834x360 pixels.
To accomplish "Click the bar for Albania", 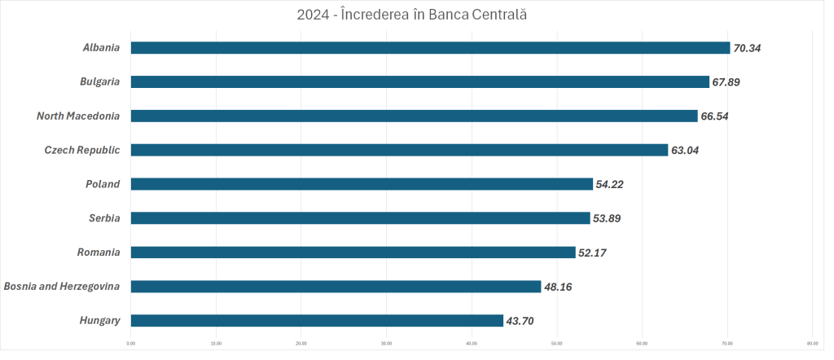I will pyautogui.click(x=430, y=48).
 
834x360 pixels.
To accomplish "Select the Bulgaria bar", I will pyautogui.click(x=419, y=82).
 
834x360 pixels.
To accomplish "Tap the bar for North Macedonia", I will pyautogui.click(x=414, y=116).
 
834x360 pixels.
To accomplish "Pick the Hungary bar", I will pyautogui.click(x=317, y=321).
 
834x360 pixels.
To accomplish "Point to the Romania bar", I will pyautogui.click(x=353, y=252).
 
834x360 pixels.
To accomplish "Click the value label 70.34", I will pyautogui.click(x=747, y=48).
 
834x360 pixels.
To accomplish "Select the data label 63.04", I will pyautogui.click(x=685, y=151).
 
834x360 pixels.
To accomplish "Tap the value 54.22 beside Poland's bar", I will pyautogui.click(x=610, y=185).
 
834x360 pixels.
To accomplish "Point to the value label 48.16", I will pyautogui.click(x=559, y=287).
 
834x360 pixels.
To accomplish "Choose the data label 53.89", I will pyautogui.click(x=608, y=218).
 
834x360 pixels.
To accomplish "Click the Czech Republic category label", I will pyautogui.click(x=82, y=151).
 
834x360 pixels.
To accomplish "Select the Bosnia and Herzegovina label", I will pyautogui.click(x=62, y=287).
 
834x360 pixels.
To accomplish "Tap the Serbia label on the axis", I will pyautogui.click(x=104, y=218).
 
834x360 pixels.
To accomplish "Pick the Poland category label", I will pyautogui.click(x=103, y=185).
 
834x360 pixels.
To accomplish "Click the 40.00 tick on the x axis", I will pyautogui.click(x=472, y=343).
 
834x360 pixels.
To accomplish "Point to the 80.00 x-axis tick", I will pyautogui.click(x=812, y=343).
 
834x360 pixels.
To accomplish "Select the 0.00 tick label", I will pyautogui.click(x=131, y=343).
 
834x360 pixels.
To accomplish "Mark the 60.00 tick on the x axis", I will pyautogui.click(x=642, y=343).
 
